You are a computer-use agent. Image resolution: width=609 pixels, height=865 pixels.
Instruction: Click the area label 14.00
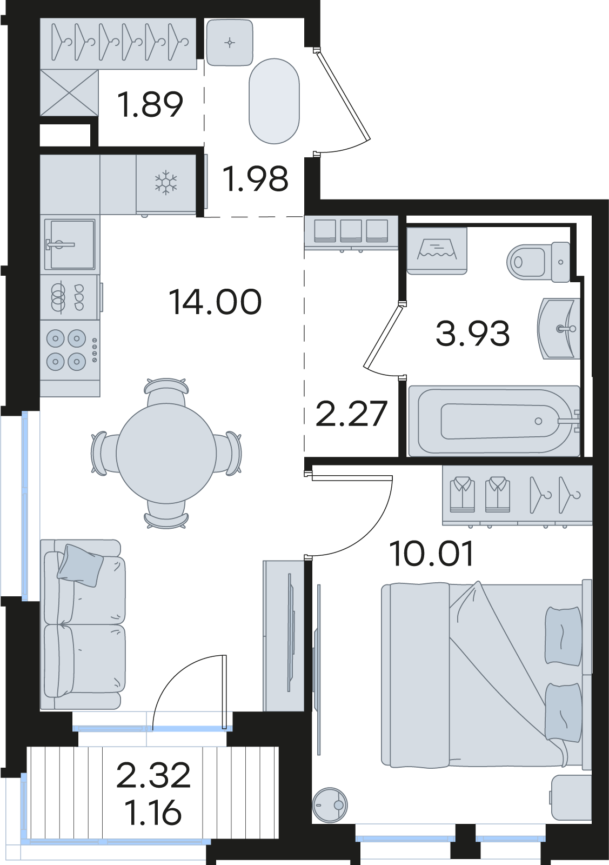click(x=216, y=302)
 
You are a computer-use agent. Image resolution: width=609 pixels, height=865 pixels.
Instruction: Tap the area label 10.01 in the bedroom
click(x=431, y=554)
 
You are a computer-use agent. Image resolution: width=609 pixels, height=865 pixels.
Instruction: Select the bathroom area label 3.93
click(x=473, y=333)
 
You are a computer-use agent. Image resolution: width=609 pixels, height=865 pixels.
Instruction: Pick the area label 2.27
click(x=351, y=414)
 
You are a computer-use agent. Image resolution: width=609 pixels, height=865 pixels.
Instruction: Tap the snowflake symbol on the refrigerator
click(x=166, y=183)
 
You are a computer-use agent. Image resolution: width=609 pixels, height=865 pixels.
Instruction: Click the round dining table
click(x=166, y=454)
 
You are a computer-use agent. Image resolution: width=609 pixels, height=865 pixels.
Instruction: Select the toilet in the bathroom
click(x=538, y=262)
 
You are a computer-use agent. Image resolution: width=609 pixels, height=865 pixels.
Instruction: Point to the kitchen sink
click(x=70, y=244)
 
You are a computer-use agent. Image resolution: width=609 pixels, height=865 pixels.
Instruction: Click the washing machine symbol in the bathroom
click(x=437, y=251)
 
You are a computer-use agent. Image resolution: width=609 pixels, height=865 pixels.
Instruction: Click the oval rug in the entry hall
click(x=274, y=101)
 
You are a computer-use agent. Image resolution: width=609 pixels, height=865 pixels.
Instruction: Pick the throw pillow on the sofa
click(x=81, y=565)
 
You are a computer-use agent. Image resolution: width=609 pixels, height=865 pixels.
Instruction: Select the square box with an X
click(x=69, y=92)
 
